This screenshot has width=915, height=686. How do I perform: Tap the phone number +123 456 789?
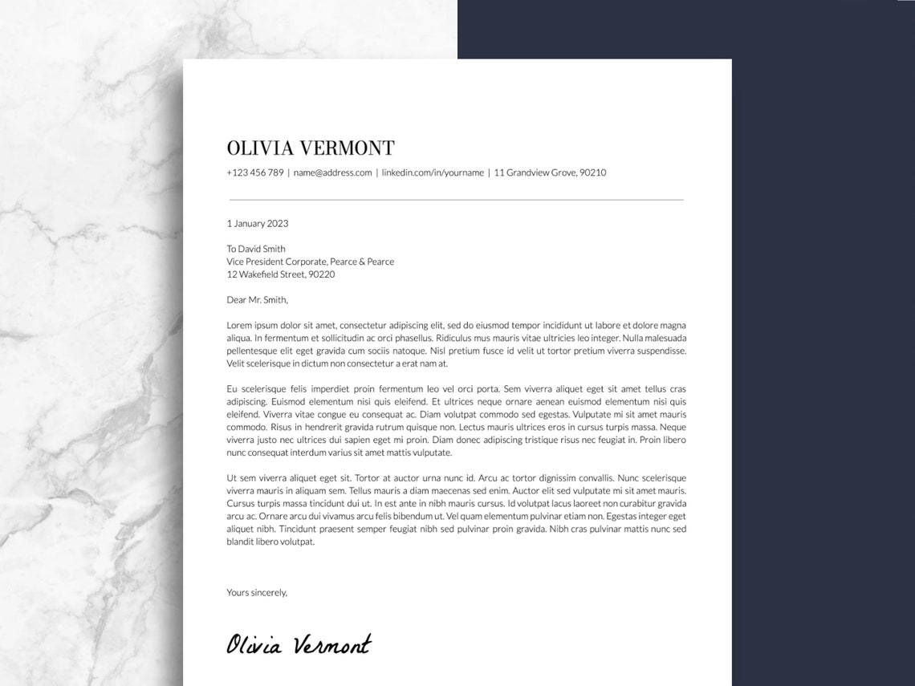254,173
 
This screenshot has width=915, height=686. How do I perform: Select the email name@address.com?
332,173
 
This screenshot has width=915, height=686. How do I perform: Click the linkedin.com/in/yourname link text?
433,173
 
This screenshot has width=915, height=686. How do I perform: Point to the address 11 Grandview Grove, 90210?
550,173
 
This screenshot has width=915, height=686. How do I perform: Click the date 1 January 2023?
257,224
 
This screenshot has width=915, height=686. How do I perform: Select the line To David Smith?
255,249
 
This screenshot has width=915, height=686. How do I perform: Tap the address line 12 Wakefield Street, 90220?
280,274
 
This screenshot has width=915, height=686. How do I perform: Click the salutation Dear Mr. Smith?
257,300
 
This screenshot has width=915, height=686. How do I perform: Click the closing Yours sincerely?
256,593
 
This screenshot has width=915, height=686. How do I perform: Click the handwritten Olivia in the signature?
254,644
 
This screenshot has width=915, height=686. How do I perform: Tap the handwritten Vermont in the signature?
331,644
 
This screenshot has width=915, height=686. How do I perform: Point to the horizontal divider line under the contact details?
456,199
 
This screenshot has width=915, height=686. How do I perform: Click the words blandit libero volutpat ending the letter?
270,542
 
